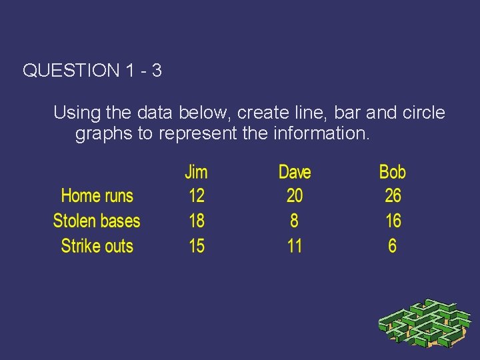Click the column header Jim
196,172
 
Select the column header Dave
295,172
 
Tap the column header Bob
392,172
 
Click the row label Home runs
97,196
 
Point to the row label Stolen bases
97,221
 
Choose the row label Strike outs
97,246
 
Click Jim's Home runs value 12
196,196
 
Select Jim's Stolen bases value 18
196,221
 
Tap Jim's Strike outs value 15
196,246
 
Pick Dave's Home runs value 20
294,196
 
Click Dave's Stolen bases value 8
294,221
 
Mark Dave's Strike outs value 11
294,246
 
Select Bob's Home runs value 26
393,196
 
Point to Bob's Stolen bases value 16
393,221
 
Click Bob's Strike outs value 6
392,246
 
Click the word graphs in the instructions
104,134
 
